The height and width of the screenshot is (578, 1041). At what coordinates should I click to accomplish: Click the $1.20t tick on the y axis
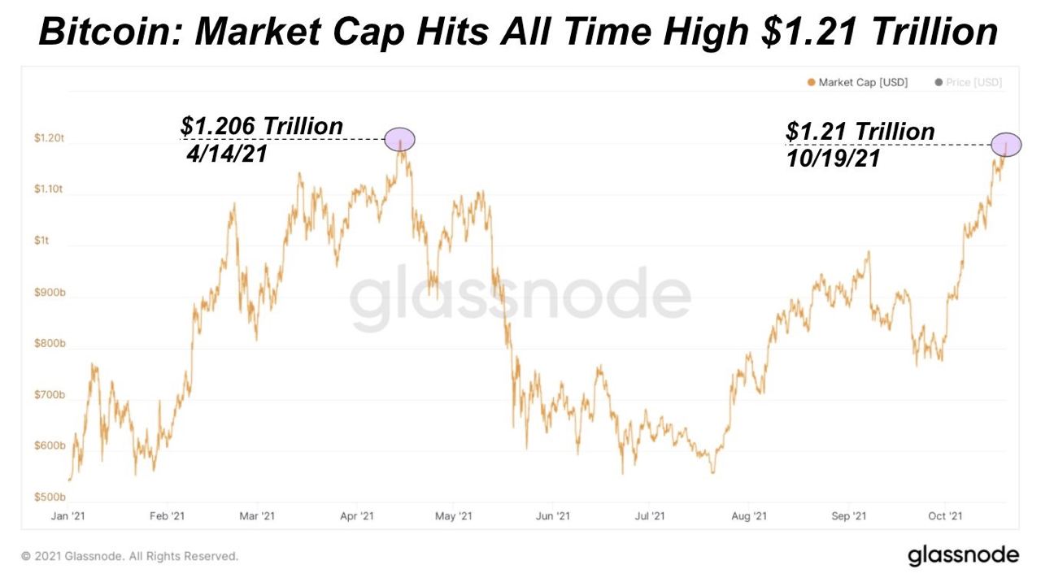click(50, 139)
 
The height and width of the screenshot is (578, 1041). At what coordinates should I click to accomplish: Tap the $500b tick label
click(50, 497)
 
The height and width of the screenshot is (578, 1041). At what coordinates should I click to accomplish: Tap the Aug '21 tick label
click(749, 516)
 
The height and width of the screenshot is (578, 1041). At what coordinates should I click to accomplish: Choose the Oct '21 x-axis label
click(946, 516)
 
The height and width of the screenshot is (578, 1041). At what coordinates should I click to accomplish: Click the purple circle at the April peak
click(400, 140)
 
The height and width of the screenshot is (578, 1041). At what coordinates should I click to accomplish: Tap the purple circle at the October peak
click(1006, 145)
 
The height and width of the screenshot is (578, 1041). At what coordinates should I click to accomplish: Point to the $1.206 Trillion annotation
click(262, 127)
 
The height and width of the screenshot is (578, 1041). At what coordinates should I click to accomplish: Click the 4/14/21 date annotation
click(228, 154)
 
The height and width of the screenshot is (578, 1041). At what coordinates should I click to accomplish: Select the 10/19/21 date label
click(834, 159)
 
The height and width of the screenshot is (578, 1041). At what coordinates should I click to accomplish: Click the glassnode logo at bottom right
click(963, 555)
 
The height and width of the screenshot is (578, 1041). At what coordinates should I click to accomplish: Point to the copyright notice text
click(130, 557)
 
